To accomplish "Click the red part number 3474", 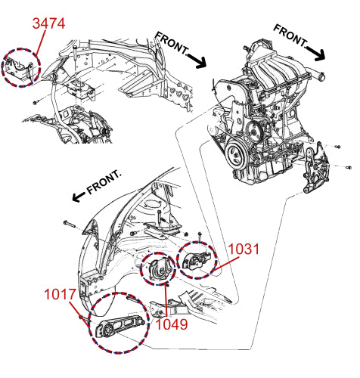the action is tap(48, 23).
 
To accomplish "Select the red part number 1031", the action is tap(244, 249).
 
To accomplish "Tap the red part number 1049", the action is tap(172, 324).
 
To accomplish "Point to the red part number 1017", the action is tap(60, 294).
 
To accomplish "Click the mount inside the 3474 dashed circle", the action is tap(19, 69).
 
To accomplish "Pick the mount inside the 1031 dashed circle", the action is tap(196, 261).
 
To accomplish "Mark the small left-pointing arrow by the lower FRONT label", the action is tap(79, 197).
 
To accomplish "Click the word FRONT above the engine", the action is tap(290, 36).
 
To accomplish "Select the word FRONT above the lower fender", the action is tap(104, 182).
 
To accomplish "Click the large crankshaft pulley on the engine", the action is tap(237, 154).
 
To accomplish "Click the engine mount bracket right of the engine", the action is tap(315, 169).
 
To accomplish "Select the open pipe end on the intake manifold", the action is tap(321, 76).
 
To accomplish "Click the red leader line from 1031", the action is tap(225, 264).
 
